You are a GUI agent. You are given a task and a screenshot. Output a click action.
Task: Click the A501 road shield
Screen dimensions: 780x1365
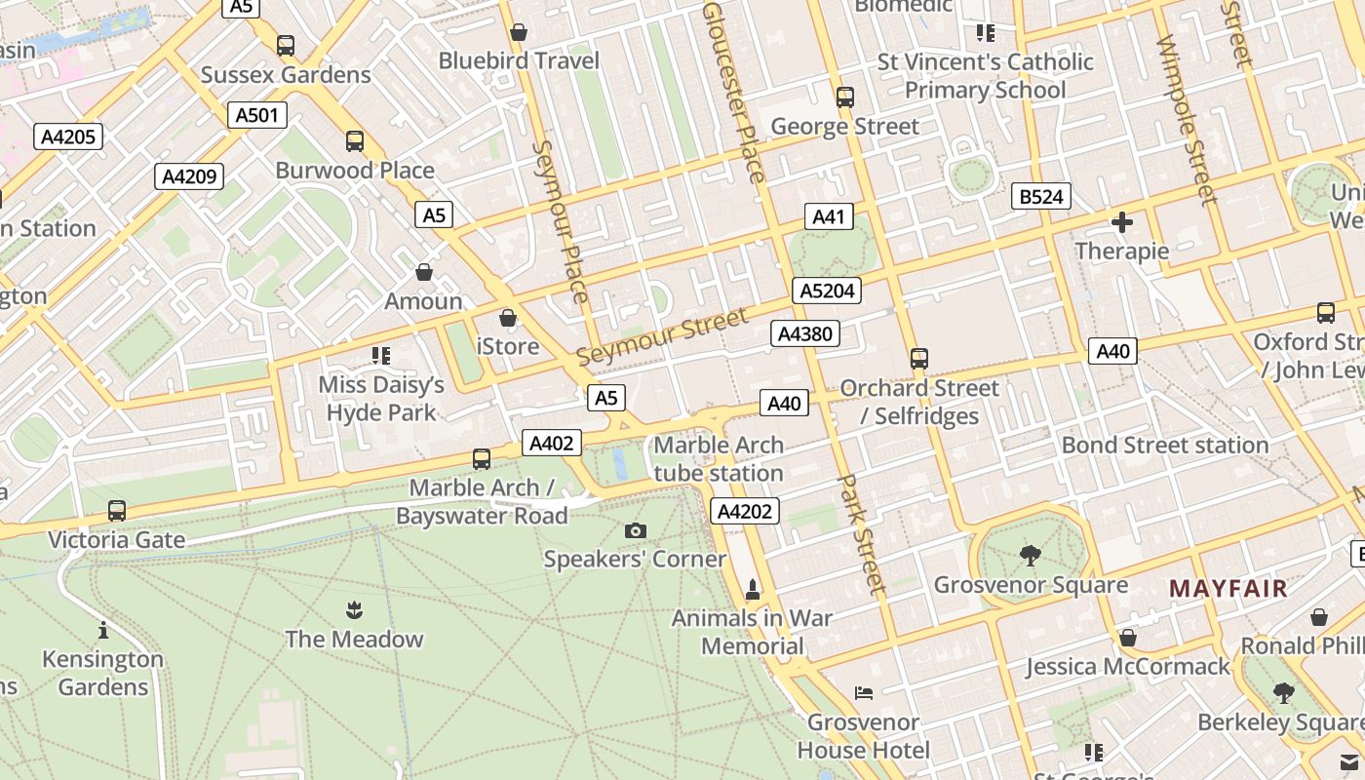point(257,115)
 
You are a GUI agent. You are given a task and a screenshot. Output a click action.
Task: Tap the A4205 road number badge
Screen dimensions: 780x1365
point(68,136)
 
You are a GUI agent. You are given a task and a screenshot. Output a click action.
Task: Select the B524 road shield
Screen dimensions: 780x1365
point(1040,197)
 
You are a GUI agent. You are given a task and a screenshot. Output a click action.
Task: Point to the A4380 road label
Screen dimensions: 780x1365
point(805,334)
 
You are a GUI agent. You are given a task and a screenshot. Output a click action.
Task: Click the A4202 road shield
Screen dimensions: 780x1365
point(746,511)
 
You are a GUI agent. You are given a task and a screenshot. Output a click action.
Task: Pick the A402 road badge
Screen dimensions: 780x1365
point(551,444)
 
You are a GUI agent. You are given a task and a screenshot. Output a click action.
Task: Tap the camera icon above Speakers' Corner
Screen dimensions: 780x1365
point(635,530)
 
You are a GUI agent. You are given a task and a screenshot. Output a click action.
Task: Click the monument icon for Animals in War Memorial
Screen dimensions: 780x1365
point(752,590)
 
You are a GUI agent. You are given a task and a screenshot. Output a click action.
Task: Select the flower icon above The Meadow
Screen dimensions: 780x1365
point(354,610)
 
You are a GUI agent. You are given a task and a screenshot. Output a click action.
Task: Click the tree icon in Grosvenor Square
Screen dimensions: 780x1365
point(1030,556)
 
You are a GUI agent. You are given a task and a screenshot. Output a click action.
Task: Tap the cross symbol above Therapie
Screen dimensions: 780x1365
point(1121,222)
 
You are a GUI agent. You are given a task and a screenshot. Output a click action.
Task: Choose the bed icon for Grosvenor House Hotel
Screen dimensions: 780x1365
point(863,693)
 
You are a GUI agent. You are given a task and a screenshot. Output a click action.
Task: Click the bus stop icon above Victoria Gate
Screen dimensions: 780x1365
point(117,510)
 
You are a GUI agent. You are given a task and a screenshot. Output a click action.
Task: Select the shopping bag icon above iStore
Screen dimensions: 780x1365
point(507,318)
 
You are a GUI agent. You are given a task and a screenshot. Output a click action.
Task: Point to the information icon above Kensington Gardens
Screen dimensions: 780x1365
point(103,630)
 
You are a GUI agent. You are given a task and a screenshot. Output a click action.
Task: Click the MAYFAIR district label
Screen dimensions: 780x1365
point(1228,589)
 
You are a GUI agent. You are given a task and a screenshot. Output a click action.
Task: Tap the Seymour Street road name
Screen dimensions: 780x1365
point(662,336)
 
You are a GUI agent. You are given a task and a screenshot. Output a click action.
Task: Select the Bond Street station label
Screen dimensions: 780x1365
point(1164,446)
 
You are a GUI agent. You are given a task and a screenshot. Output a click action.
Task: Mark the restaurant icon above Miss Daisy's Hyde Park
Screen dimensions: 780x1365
point(380,356)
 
